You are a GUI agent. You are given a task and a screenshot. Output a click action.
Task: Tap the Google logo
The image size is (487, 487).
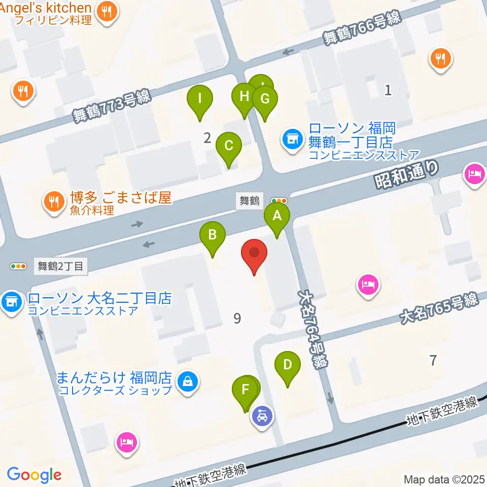(x=34, y=475)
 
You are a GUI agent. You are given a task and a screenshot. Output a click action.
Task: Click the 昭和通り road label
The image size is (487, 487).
(x=406, y=175)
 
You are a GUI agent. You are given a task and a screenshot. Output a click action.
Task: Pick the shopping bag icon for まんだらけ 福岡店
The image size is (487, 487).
(x=188, y=380)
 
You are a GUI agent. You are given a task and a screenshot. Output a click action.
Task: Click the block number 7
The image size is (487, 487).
(x=433, y=361)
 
